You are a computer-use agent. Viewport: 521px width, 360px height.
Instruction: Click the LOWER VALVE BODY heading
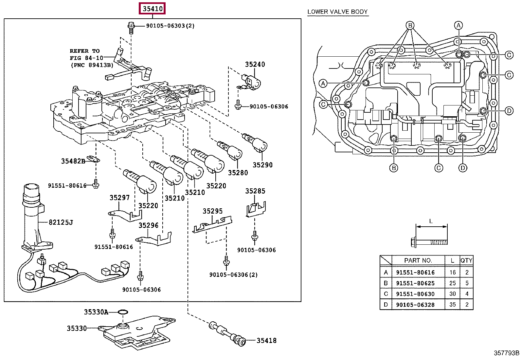(x=337, y=12)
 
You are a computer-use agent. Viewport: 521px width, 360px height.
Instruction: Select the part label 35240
(x=255, y=65)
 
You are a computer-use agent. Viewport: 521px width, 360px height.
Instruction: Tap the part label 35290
(x=262, y=165)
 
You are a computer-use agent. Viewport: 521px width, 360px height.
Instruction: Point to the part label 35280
(x=238, y=173)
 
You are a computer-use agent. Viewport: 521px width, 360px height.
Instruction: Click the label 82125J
(x=61, y=222)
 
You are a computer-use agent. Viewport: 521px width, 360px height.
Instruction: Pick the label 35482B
(x=73, y=161)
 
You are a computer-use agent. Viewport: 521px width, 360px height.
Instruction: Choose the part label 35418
(x=266, y=341)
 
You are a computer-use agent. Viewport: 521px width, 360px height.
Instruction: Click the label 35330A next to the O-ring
(x=96, y=312)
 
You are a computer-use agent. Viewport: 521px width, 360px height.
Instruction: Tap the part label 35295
(x=212, y=211)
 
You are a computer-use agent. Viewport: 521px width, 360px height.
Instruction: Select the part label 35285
(x=255, y=191)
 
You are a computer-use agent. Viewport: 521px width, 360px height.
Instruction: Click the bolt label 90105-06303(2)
(x=166, y=26)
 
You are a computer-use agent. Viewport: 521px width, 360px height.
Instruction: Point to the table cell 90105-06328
(x=415, y=305)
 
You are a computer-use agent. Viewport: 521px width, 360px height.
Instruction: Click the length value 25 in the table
(x=452, y=283)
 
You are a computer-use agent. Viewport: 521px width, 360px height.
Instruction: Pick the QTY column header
(x=466, y=260)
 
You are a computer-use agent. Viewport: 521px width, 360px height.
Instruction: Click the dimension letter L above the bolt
(x=431, y=221)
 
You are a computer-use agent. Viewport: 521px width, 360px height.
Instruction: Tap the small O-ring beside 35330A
(x=122, y=312)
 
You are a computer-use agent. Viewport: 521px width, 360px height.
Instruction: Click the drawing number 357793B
(x=506, y=353)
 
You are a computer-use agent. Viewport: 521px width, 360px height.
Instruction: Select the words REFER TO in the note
(x=84, y=51)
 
